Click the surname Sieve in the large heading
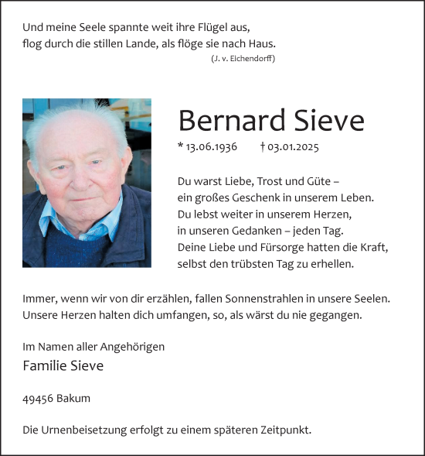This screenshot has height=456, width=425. coord(328,121)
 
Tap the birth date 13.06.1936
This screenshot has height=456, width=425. coord(211,147)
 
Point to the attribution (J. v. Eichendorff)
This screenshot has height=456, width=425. coord(243,59)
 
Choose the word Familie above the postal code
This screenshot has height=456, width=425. coord(45,366)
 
